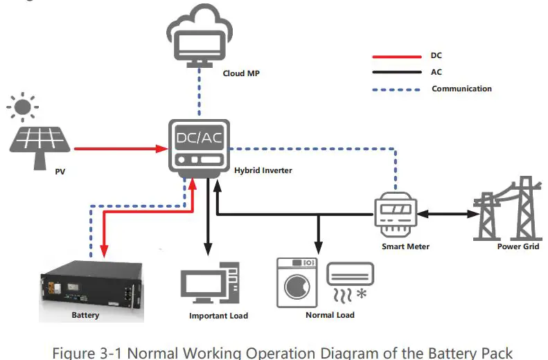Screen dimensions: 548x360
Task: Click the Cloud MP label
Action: point(241,73)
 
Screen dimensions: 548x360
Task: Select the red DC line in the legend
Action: point(397,57)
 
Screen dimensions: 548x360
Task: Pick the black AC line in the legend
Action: point(397,72)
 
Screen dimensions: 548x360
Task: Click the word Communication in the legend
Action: point(461,89)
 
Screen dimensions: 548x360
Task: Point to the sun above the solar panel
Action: point(23,107)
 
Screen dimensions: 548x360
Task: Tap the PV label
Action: point(60,172)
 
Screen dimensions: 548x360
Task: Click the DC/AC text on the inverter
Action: point(200,138)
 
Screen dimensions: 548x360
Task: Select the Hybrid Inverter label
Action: point(263,170)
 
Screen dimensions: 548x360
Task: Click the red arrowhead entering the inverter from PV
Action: point(162,149)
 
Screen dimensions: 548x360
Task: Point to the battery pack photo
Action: point(91,291)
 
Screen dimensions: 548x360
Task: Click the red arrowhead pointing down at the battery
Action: point(104,251)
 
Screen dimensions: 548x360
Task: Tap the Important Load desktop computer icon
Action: point(210,283)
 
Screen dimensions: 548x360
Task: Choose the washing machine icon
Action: point(297,283)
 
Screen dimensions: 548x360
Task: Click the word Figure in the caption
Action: point(73,353)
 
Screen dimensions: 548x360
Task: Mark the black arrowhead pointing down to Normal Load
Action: point(318,247)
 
